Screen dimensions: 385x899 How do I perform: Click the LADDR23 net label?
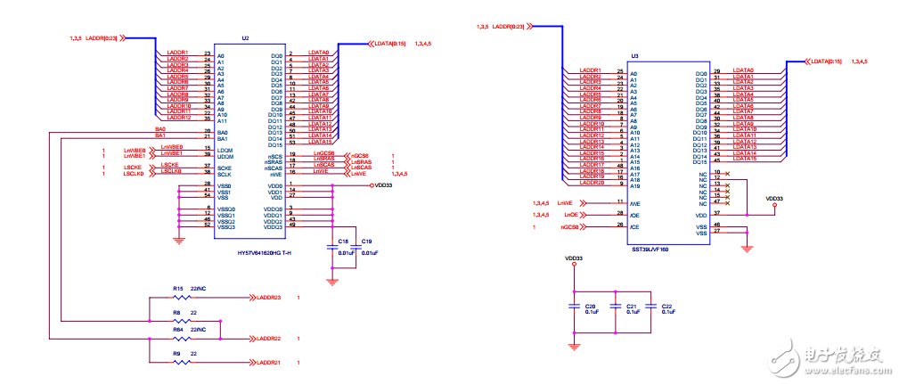(268, 298)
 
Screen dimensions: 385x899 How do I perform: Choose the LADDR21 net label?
(268, 363)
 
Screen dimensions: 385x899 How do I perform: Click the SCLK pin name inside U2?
(225, 173)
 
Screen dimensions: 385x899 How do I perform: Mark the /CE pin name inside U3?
(634, 226)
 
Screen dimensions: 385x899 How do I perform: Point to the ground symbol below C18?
(333, 281)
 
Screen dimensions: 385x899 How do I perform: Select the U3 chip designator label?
(634, 55)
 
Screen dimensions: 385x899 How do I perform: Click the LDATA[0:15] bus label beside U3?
(824, 61)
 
